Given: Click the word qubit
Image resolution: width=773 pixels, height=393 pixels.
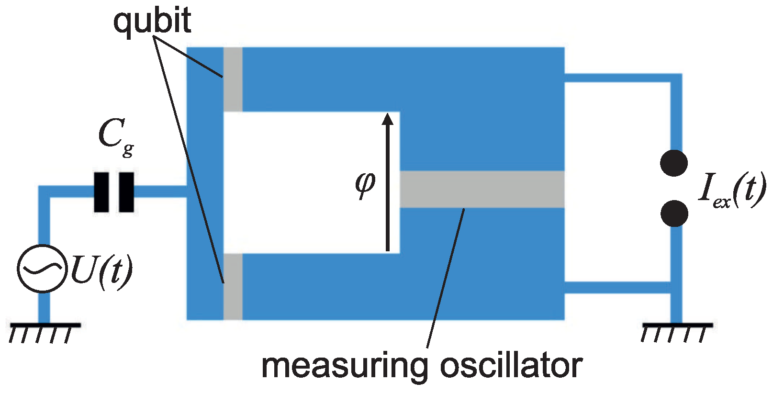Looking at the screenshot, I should click(152, 21).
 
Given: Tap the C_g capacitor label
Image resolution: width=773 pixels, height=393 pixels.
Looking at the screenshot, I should click(115, 136).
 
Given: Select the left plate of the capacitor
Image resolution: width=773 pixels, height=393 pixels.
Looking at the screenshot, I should click(101, 192).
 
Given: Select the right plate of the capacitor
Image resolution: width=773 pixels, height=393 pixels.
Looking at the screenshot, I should click(126, 192).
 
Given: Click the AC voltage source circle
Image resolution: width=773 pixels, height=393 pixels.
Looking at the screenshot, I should click(41, 269).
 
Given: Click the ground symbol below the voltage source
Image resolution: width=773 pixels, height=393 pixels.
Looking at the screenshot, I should click(44, 330).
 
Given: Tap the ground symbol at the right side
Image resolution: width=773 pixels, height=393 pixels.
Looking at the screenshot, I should click(676, 330).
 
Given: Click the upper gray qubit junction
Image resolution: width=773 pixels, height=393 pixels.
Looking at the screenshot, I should click(233, 79).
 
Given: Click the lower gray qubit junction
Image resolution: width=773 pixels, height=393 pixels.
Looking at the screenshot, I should click(233, 286).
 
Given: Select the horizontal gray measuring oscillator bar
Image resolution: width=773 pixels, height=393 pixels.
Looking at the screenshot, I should click(481, 190).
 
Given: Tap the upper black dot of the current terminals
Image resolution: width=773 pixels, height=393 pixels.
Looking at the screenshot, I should click(674, 163).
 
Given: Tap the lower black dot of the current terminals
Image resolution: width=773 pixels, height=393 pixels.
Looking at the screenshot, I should click(674, 213).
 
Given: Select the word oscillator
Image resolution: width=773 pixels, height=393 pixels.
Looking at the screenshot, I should click(511, 366).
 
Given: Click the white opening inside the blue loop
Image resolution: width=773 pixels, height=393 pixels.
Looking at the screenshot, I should click(306, 182).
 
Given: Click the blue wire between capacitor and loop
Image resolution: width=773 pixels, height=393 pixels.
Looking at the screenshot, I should click(160, 192).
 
